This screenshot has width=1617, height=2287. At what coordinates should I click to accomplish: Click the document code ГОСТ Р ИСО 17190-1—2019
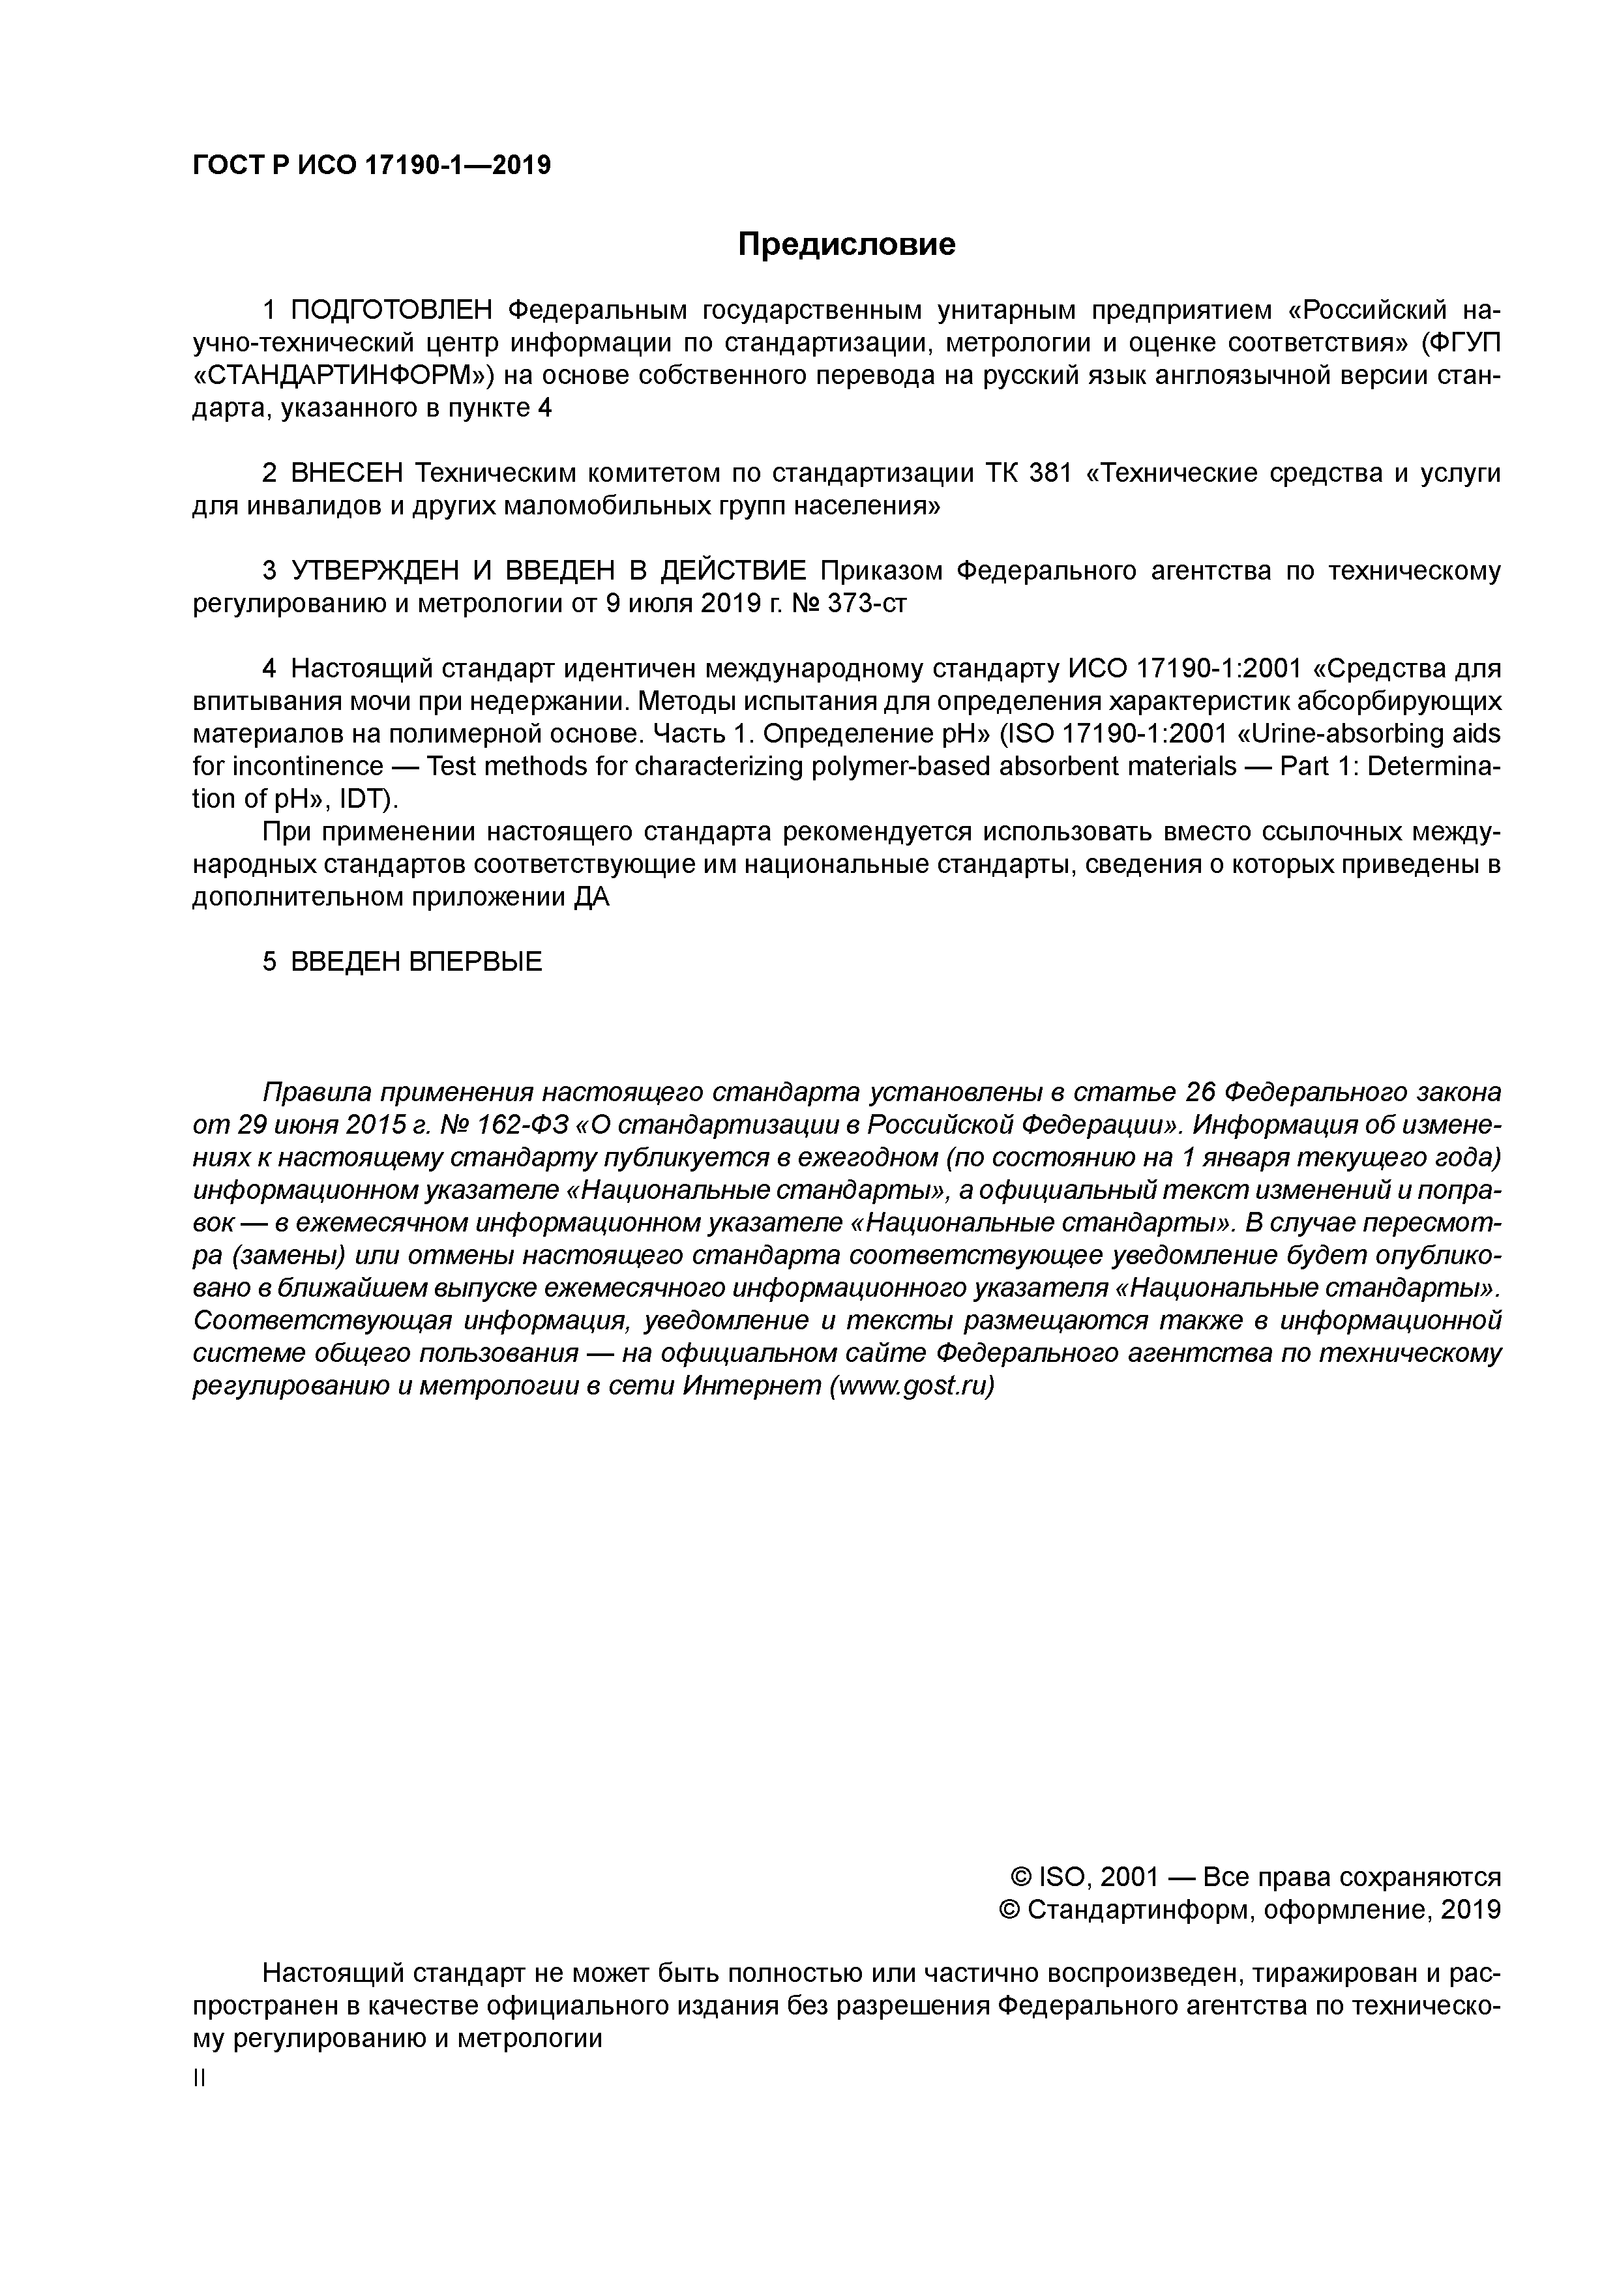click(x=370, y=166)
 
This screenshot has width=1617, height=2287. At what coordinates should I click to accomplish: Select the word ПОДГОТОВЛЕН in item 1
click(x=392, y=311)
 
